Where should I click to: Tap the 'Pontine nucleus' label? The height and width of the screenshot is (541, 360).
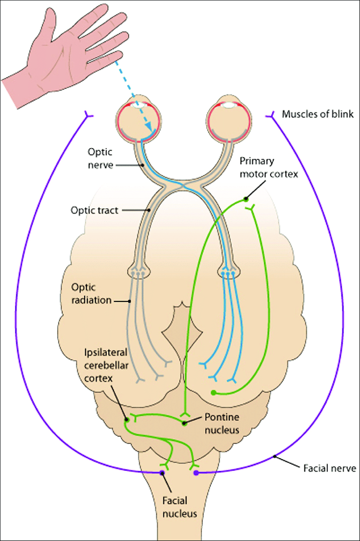[x=222, y=424]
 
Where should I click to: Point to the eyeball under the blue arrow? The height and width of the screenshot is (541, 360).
[x=139, y=121]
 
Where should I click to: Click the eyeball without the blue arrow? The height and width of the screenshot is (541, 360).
[x=228, y=121]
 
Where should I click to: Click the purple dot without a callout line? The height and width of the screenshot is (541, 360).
[x=197, y=473]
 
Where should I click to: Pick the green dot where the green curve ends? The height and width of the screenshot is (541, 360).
[x=213, y=393]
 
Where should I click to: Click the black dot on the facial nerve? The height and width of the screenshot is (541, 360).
[x=275, y=456]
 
